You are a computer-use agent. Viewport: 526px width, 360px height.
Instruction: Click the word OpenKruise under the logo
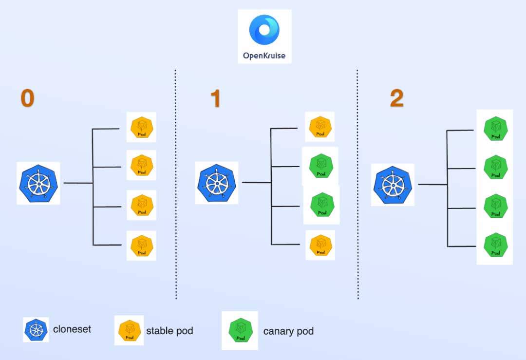coord(264,56)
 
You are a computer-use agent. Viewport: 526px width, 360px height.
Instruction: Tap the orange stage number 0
coord(27,98)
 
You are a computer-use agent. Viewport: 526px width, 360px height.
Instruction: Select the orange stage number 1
coord(215,99)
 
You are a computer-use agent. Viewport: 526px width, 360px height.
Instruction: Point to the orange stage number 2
coord(396,99)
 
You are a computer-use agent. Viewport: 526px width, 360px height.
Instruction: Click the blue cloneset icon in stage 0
coord(38,183)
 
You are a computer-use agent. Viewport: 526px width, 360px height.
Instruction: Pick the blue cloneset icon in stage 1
coord(217,183)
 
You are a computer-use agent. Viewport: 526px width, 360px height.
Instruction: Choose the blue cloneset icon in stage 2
coord(393,185)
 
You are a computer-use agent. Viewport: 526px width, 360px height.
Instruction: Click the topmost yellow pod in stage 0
coord(141,128)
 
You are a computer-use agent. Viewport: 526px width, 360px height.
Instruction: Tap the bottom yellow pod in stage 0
coord(141,246)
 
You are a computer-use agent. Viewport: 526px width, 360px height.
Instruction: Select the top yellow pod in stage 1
coord(320,127)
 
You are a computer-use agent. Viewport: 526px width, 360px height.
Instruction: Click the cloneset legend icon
coord(36,330)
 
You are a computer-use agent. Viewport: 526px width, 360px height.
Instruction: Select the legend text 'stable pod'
coord(169,331)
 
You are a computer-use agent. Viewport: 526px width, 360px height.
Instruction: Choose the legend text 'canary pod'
coord(288,331)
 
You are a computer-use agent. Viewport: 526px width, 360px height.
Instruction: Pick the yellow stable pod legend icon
coord(129,330)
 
